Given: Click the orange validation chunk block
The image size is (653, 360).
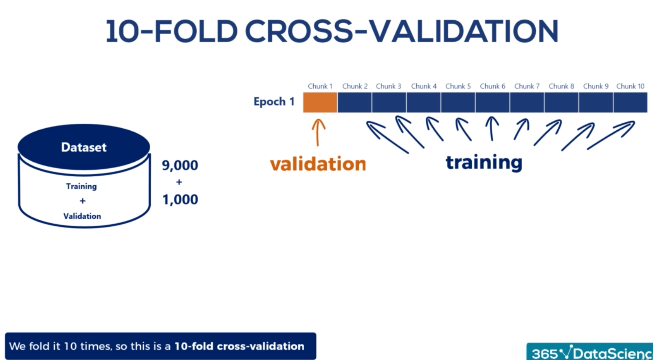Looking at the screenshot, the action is (320, 102).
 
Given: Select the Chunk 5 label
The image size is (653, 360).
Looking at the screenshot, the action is (458, 86).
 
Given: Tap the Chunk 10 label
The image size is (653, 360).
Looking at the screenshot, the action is (630, 86).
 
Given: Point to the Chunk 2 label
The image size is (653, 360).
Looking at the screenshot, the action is (355, 86).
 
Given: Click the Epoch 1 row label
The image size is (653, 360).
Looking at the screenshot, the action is (274, 102).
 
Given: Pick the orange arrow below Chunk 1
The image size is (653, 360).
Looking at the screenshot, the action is (318, 133).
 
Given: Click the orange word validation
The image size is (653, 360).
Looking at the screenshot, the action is (318, 164).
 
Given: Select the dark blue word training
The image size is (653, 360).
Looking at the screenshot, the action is (484, 162).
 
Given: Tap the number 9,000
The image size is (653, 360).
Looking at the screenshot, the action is (180, 165).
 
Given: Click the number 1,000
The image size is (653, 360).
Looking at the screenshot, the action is (180, 200).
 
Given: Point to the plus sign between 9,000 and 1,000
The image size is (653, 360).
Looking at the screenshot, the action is (179, 182).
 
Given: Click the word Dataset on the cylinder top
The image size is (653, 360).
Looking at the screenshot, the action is (84, 147).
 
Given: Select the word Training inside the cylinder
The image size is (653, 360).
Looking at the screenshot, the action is (81, 186).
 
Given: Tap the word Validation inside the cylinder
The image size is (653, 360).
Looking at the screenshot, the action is (82, 216).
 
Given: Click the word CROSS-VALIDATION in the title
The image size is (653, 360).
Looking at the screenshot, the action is (402, 31).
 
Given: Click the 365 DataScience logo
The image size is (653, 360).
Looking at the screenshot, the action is (589, 352).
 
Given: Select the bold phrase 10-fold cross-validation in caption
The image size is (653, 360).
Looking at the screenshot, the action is (240, 346).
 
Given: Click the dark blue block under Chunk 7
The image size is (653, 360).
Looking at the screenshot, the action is (527, 102).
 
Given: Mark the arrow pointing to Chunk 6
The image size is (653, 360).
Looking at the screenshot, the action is (492, 129).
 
